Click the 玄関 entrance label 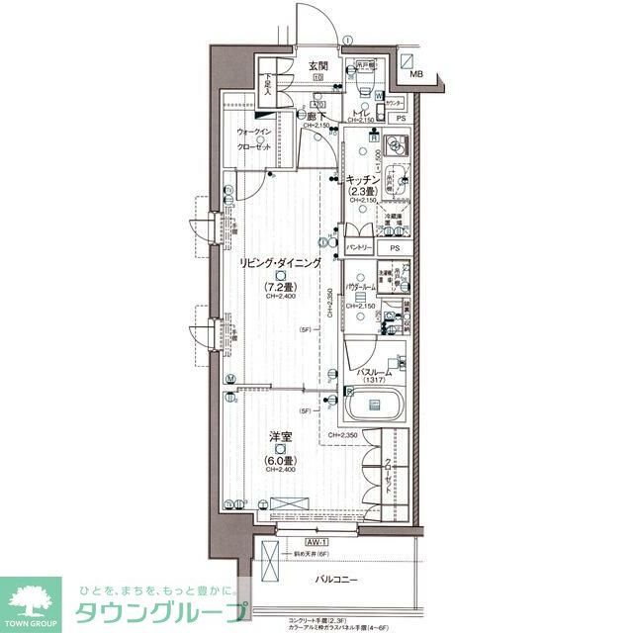pyautogui.click(x=317, y=65)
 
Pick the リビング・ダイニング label pyautogui.click(x=278, y=264)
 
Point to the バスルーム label pyautogui.click(x=374, y=371)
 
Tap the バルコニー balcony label pyautogui.click(x=336, y=579)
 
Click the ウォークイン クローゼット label pyautogui.click(x=254, y=139)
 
